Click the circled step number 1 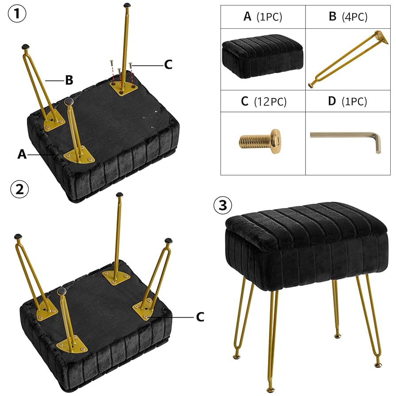(17, 14)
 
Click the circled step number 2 (19, 189)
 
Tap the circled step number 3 (223, 205)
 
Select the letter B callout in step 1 (69, 80)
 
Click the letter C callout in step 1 (168, 65)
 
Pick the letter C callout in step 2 (200, 317)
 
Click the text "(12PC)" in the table (270, 102)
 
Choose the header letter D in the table (332, 101)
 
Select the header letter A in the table (247, 17)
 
